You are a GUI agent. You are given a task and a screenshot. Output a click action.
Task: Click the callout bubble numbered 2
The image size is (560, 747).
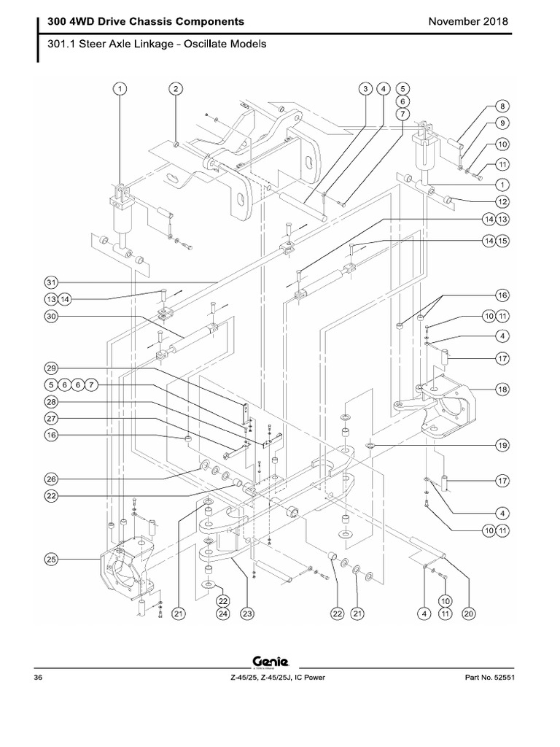pyautogui.click(x=175, y=89)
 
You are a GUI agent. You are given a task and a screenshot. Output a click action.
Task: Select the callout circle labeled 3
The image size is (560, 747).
pyautogui.click(x=365, y=89)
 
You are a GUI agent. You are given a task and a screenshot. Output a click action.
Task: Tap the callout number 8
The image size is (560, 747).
pyautogui.click(x=502, y=106)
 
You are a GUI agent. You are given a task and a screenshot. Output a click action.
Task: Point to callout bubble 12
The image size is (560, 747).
pyautogui.click(x=502, y=201)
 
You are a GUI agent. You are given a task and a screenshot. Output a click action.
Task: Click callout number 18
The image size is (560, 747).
pyautogui.click(x=502, y=390)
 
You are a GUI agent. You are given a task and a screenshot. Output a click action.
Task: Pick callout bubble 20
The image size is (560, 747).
pyautogui.click(x=469, y=614)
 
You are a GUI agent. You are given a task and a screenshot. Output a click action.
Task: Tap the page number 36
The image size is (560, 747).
pyautogui.click(x=39, y=678)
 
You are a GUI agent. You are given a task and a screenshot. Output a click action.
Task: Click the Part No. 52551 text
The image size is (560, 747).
pyautogui.click(x=489, y=678)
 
